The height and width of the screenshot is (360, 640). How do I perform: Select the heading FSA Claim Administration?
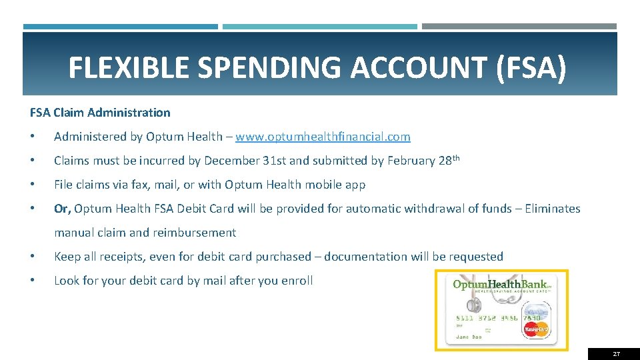click(x=100, y=113)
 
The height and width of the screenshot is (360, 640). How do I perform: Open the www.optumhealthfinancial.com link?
click(x=323, y=137)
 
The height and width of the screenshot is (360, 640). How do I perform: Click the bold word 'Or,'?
click(x=62, y=209)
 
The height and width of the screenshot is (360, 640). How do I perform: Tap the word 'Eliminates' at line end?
click(x=553, y=209)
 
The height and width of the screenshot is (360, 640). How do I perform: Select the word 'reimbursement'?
click(x=195, y=233)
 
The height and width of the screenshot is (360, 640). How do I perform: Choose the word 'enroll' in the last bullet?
click(x=295, y=281)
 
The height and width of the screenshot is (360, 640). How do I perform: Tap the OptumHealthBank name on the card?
click(x=501, y=284)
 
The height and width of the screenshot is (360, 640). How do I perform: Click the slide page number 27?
click(x=616, y=354)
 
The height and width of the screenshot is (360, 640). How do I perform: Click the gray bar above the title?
click(x=519, y=27)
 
